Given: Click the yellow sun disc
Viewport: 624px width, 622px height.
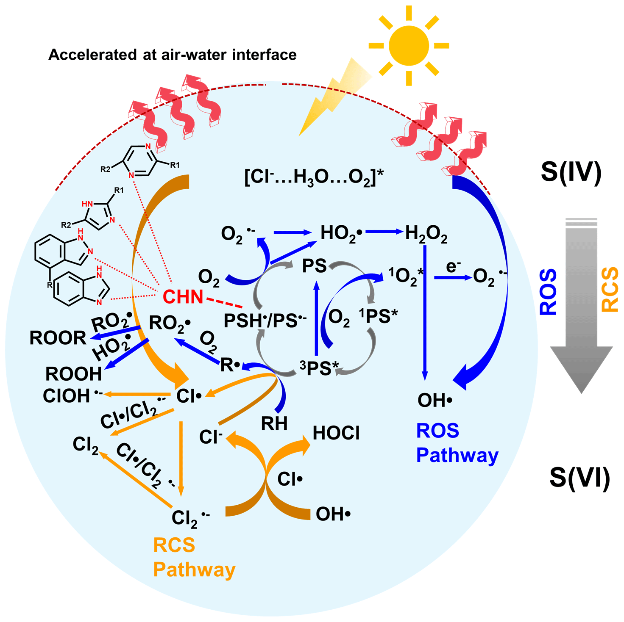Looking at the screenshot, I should coord(409,45).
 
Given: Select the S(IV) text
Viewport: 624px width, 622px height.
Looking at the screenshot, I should coord(571,173).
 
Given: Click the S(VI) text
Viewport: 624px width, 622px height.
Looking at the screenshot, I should coord(579,478).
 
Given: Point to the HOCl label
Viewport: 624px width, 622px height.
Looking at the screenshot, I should coord(336,433).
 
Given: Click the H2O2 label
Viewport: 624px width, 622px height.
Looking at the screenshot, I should coord(426,234).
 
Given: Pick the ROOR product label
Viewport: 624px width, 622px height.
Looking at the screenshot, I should coord(58,338).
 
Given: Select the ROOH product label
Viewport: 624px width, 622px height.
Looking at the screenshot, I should coord(74,374).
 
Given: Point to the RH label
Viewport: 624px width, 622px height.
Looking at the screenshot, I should coord(274,423).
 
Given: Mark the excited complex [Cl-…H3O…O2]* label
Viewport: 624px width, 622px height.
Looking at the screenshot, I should coord(314,178).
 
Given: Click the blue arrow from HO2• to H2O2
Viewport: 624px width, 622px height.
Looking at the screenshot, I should coord(384,232).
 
